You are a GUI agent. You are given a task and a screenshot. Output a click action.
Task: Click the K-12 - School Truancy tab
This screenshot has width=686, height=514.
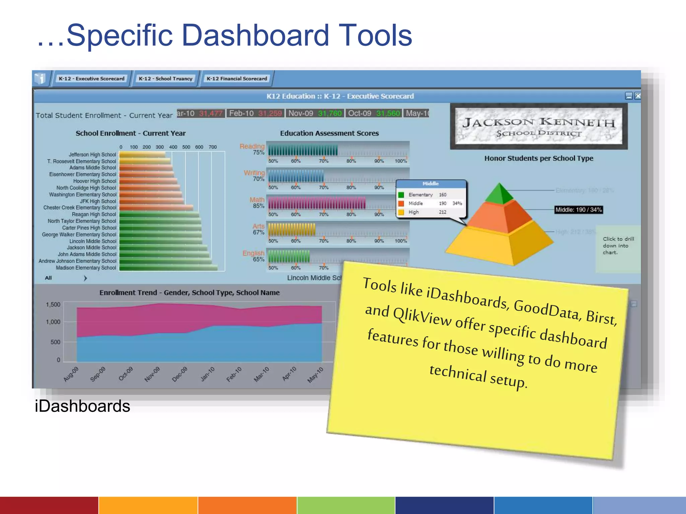165,79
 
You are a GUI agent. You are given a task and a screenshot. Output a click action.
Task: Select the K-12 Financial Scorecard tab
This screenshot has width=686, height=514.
236,79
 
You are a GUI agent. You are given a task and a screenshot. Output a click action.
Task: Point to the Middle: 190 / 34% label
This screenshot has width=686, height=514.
578,210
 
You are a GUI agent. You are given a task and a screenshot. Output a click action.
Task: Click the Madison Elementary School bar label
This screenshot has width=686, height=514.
86,268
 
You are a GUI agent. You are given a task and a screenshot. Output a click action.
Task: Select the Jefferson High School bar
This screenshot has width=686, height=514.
142,155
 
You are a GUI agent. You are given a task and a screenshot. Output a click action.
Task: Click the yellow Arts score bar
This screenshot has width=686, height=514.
291,230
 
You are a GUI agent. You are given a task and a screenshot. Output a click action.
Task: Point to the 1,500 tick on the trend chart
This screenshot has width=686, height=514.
53,305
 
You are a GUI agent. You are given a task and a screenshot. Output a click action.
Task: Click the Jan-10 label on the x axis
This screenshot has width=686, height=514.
207,374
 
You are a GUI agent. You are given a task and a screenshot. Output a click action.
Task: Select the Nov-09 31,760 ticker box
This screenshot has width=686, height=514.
315,113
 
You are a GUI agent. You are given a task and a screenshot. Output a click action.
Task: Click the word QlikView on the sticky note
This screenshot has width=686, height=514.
422,316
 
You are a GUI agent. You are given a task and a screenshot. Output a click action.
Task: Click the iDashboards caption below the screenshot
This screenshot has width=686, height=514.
82,406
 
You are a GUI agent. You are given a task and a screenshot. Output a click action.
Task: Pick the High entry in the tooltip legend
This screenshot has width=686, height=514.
413,212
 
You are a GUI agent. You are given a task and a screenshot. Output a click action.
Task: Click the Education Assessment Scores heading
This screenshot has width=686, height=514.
329,133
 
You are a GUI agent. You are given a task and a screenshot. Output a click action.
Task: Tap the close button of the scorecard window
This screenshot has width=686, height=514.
638,96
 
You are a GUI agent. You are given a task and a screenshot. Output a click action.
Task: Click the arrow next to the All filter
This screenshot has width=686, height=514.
85,278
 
